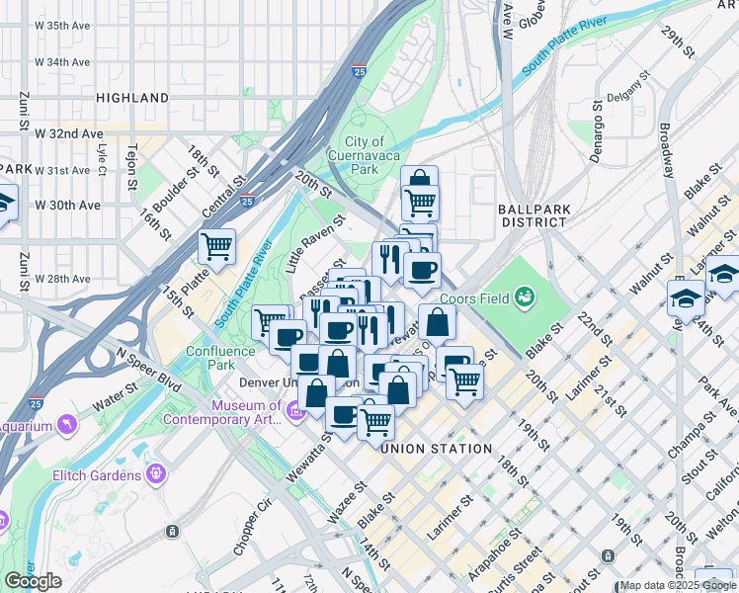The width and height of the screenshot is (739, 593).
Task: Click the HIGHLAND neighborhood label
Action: (132, 98)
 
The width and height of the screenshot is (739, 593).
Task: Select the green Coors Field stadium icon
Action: (526, 295)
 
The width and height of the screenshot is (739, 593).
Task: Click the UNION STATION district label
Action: (437, 449)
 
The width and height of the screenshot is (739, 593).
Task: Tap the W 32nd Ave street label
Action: (68, 133)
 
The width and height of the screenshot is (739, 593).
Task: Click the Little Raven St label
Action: (314, 244)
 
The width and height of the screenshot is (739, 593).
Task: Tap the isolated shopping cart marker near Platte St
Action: (216, 245)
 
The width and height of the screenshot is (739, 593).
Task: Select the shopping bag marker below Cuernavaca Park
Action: (420, 180)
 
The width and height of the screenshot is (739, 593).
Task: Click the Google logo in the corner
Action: (33, 581)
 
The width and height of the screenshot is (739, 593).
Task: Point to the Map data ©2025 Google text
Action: (676, 585)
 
